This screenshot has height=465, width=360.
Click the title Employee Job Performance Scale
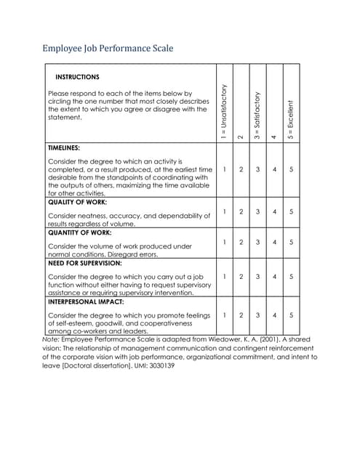click(x=108, y=49)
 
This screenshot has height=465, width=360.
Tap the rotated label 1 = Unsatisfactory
click(x=224, y=110)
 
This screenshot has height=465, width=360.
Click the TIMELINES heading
click(x=64, y=147)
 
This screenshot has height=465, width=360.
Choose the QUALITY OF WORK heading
click(x=77, y=202)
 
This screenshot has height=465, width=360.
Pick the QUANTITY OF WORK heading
click(x=80, y=233)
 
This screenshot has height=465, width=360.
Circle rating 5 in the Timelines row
click(x=291, y=170)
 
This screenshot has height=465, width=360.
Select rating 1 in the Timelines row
click(x=225, y=170)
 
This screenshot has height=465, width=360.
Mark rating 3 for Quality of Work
click(x=257, y=212)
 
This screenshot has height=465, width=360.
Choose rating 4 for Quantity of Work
click(x=274, y=243)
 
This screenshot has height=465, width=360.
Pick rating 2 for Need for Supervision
click(x=241, y=277)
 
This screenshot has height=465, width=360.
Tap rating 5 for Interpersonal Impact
click(x=291, y=315)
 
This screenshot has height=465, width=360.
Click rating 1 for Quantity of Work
click(x=225, y=243)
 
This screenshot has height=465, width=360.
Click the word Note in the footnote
click(x=51, y=339)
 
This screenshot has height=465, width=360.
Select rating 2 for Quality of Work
click(x=241, y=212)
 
